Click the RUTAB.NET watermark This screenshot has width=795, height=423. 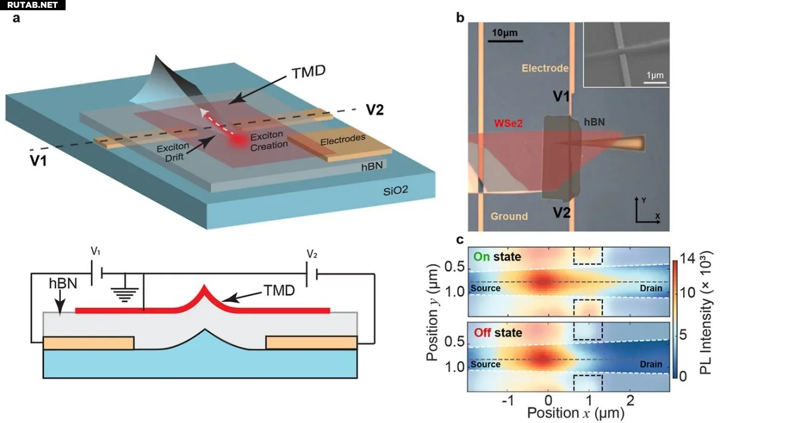pyautogui.click(x=32, y=5)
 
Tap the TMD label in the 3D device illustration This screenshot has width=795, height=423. pyautogui.click(x=308, y=72)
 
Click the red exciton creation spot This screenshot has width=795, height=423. pyautogui.click(x=238, y=140)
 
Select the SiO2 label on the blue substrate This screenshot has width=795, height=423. pyautogui.click(x=395, y=191)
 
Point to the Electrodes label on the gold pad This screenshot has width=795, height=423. pyautogui.click(x=342, y=140)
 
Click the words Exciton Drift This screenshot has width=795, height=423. pyautogui.click(x=173, y=152)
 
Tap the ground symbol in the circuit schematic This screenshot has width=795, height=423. pyautogui.click(x=125, y=293)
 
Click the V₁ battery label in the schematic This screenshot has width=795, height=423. pyautogui.click(x=96, y=252)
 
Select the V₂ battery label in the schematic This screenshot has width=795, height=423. pyautogui.click(x=312, y=254)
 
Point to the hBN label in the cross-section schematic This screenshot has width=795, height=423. pyautogui.click(x=63, y=283)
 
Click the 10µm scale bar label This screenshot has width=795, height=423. pyautogui.click(x=505, y=32)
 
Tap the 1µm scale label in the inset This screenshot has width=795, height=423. pyautogui.click(x=655, y=75)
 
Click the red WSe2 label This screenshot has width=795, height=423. pyautogui.click(x=508, y=123)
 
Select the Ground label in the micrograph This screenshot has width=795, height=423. pyautogui.click(x=509, y=216)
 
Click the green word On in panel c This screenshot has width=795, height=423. pyautogui.click(x=481, y=256)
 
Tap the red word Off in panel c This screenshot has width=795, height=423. pyautogui.click(x=482, y=333)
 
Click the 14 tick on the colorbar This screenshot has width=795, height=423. pyautogui.click(x=687, y=258)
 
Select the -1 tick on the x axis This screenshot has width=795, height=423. pyautogui.click(x=508, y=400)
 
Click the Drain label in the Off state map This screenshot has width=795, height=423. pyautogui.click(x=651, y=364)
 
